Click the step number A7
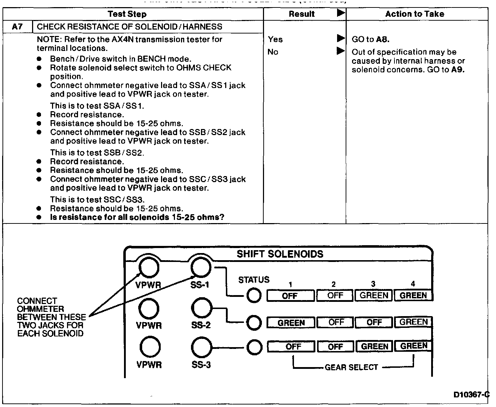17,27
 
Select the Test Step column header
127,14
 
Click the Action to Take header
414,14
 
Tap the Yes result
275,40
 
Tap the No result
273,52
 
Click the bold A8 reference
383,40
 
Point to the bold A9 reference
458,70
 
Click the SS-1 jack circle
201,267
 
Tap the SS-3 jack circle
202,347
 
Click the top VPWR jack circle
149,267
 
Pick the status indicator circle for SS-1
254,295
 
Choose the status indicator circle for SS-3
254,347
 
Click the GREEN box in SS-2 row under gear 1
291,323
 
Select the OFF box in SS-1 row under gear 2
335,295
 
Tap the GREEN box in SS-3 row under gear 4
413,346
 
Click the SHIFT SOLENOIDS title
280,254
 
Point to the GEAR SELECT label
351,367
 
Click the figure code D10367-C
471,395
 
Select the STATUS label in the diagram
254,280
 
